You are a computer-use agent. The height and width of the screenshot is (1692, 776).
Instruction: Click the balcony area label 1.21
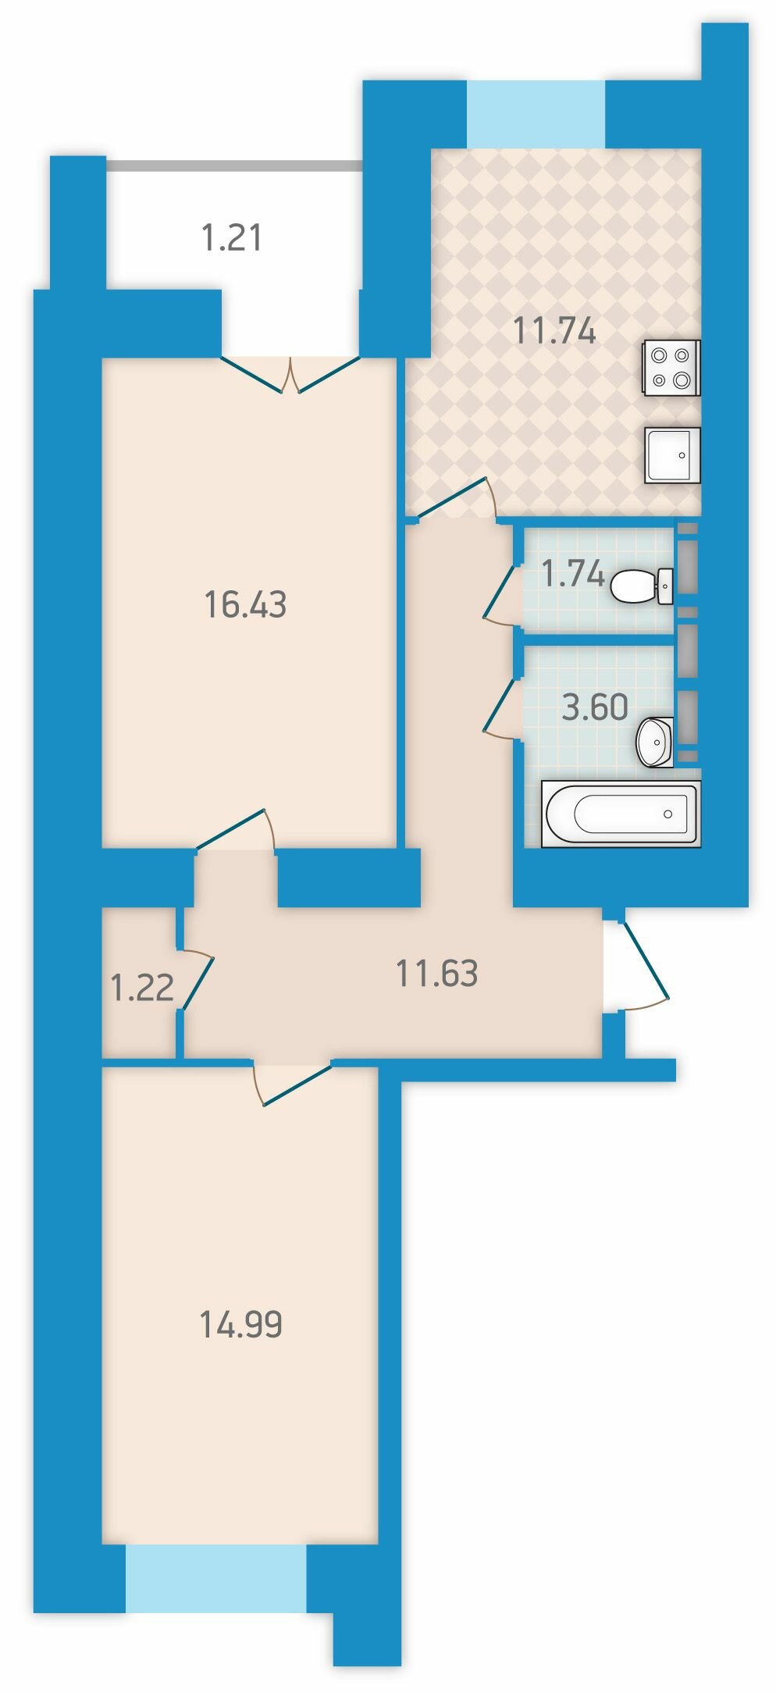tap(232, 237)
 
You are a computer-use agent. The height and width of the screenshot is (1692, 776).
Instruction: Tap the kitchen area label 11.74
tap(554, 331)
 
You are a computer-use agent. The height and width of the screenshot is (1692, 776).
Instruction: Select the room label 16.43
tap(245, 604)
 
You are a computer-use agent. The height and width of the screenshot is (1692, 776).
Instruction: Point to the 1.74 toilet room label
tap(573, 574)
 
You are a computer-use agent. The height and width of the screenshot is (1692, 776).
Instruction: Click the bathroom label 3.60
tap(595, 707)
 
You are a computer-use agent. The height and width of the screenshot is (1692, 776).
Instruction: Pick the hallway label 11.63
tap(437, 974)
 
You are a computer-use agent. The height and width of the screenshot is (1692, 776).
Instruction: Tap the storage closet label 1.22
tap(142, 988)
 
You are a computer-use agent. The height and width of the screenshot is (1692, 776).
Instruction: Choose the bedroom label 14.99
tap(240, 1324)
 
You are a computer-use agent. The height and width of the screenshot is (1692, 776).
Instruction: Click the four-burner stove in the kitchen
tap(671, 367)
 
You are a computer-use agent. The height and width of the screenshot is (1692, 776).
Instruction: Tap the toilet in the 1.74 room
tap(642, 586)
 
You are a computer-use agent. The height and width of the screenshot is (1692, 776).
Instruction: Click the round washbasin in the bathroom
tap(655, 742)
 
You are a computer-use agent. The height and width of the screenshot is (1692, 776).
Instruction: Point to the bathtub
tap(621, 813)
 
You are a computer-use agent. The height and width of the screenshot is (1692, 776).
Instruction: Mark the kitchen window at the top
tap(536, 113)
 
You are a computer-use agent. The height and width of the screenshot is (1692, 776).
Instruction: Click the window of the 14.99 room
tap(216, 1578)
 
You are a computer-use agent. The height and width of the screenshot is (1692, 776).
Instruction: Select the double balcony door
tap(290, 374)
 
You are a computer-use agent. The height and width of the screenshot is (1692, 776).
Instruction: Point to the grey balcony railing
tap(234, 166)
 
